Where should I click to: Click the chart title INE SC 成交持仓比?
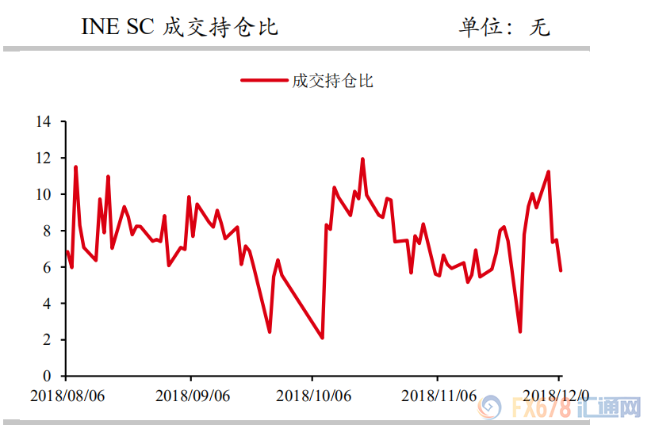180,27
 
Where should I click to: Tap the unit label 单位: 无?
504,27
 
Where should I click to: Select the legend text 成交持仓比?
333,81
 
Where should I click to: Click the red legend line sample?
264,81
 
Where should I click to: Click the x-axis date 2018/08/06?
67,394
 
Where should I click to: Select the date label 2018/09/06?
190,394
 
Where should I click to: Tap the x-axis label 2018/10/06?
312,394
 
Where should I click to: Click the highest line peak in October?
362,159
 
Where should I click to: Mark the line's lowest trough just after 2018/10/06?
323,338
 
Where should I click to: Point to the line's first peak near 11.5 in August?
75,167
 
